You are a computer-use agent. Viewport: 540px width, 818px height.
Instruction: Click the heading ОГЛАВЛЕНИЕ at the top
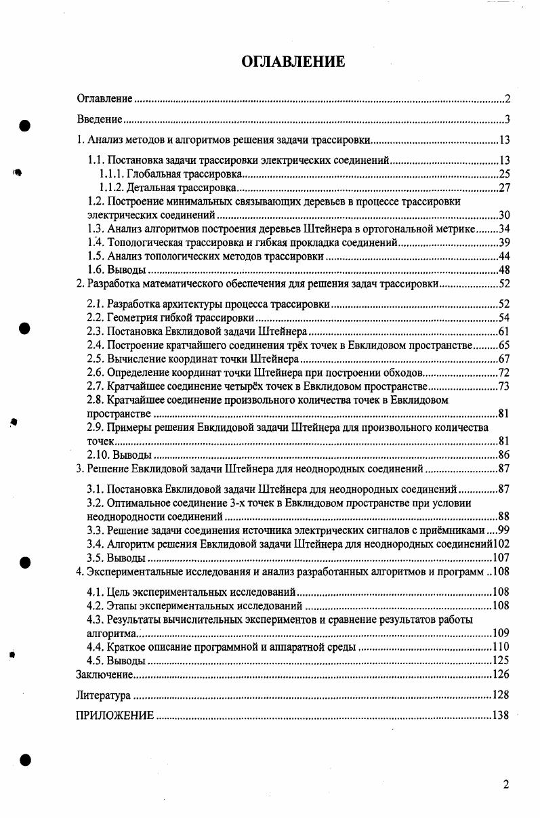coord(293,62)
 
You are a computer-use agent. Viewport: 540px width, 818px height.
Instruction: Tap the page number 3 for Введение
coord(506,120)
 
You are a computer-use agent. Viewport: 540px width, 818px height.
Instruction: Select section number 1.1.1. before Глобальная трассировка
coord(112,174)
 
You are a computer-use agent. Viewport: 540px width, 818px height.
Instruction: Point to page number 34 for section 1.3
coord(503,229)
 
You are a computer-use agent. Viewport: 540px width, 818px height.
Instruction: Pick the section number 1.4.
coord(96,243)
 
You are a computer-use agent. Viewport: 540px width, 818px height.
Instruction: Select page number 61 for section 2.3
coord(503,331)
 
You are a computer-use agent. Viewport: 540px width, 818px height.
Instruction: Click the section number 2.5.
coord(96,359)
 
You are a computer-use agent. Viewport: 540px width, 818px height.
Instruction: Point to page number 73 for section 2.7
coord(503,386)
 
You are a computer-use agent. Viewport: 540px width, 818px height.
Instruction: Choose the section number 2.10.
coord(98,455)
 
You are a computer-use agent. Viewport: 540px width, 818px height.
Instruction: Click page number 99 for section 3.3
coord(503,530)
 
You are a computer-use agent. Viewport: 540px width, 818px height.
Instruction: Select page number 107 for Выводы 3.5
coord(501,558)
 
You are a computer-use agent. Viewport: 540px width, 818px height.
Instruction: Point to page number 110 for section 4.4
coord(501,647)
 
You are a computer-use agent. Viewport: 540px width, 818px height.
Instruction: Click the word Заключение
coord(103,675)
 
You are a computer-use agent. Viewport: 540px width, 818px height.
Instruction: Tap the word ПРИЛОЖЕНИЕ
coord(115,715)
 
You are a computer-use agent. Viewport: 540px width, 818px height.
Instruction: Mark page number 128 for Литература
coord(501,695)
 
